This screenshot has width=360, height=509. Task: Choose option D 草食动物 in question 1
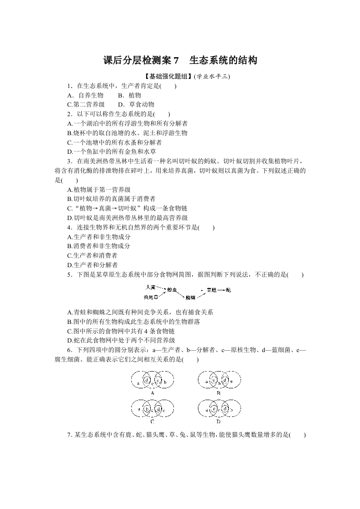tap(135, 104)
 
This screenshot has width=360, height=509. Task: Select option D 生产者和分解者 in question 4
tap(92, 265)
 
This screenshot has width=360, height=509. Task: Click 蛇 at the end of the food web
tap(228, 289)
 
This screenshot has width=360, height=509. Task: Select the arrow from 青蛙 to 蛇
tap(221, 289)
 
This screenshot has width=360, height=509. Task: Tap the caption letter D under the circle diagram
tap(218, 421)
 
